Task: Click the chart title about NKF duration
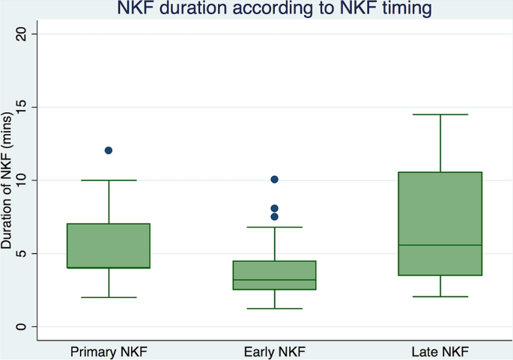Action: pyautogui.click(x=275, y=10)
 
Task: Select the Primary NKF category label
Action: pyautogui.click(x=109, y=350)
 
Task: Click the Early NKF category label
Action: pyautogui.click(x=275, y=350)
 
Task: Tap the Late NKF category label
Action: pyautogui.click(x=440, y=350)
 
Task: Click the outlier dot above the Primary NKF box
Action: pyautogui.click(x=109, y=150)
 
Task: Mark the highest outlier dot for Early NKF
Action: pyautogui.click(x=275, y=180)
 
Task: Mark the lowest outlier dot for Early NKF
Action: pyautogui.click(x=275, y=217)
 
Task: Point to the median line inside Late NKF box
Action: pyautogui.click(x=440, y=245)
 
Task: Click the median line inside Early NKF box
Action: pyautogui.click(x=275, y=280)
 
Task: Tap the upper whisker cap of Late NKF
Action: pyautogui.click(x=440, y=115)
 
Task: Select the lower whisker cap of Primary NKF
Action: pyautogui.click(x=109, y=297)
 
